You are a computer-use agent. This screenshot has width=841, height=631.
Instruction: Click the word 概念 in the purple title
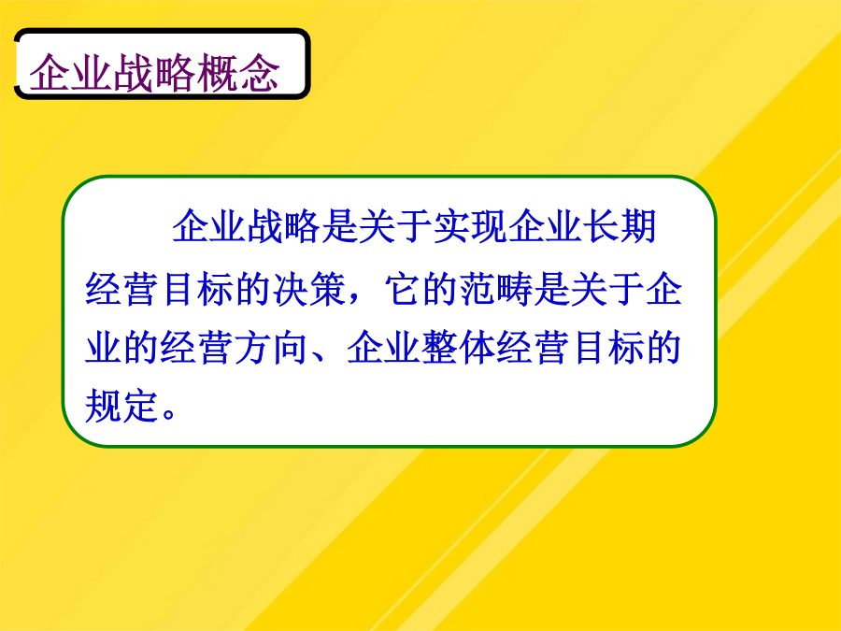coord(238,73)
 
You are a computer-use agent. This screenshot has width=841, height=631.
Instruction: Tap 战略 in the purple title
coord(155,73)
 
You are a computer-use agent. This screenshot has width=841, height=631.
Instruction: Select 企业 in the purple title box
coord(71,73)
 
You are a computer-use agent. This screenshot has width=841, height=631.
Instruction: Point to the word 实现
coord(470,226)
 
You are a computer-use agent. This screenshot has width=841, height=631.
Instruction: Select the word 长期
coord(620,226)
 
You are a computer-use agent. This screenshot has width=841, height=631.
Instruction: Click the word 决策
coord(309,290)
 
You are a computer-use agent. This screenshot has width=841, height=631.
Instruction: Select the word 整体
coord(459,348)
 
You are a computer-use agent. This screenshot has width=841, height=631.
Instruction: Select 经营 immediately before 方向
coord(197,348)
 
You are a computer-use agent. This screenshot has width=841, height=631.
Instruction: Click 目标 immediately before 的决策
coord(197,290)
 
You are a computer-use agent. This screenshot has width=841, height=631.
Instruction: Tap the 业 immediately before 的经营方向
coord(103,348)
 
